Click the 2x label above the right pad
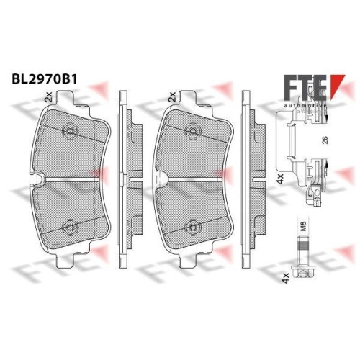pyautogui.click(x=172, y=96)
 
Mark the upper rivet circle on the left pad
pyautogui.click(x=70, y=132)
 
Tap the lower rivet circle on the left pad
pyautogui.click(x=70, y=226)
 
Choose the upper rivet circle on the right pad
pyautogui.click(x=194, y=132)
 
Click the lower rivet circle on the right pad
pyautogui.click(x=194, y=226)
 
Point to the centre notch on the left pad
pyautogui.click(x=44, y=178)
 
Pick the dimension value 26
pyautogui.click(x=325, y=142)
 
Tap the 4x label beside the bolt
pyautogui.click(x=285, y=276)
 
